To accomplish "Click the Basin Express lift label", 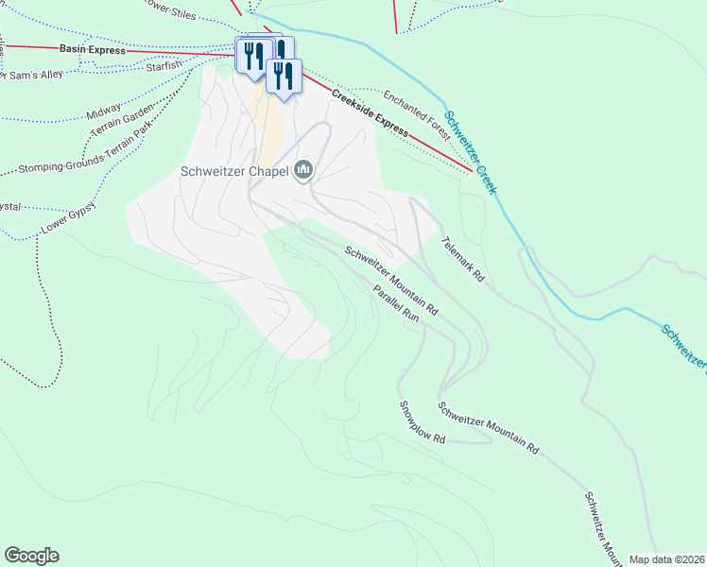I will pos(92,49).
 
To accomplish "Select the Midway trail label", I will pos(104,112).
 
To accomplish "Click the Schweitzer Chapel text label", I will pos(234,171).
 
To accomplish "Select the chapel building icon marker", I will pos(303,170).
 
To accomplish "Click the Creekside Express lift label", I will pos(370,112).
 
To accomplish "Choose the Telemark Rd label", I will pos(462,260).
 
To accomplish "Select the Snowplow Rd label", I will pos(421,422).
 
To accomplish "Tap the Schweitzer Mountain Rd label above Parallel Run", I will pos(391,281).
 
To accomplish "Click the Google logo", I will pos(31,556).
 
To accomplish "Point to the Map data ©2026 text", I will pos(666,559).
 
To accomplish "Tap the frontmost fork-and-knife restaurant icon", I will pos(283,75).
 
